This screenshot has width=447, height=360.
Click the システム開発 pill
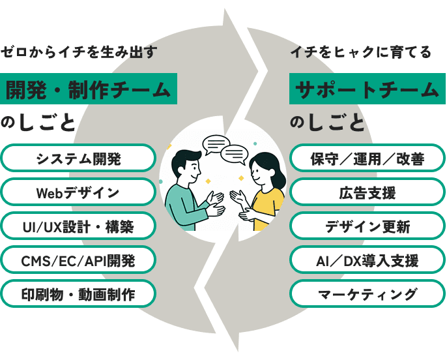tap(78, 158)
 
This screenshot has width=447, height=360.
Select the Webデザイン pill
tap(78, 192)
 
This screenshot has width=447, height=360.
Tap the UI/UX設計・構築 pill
tap(78, 227)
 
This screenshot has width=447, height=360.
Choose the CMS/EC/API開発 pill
tap(78, 261)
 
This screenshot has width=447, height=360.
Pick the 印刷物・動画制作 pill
tap(78, 295)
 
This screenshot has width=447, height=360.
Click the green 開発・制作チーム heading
tap(89, 89)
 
